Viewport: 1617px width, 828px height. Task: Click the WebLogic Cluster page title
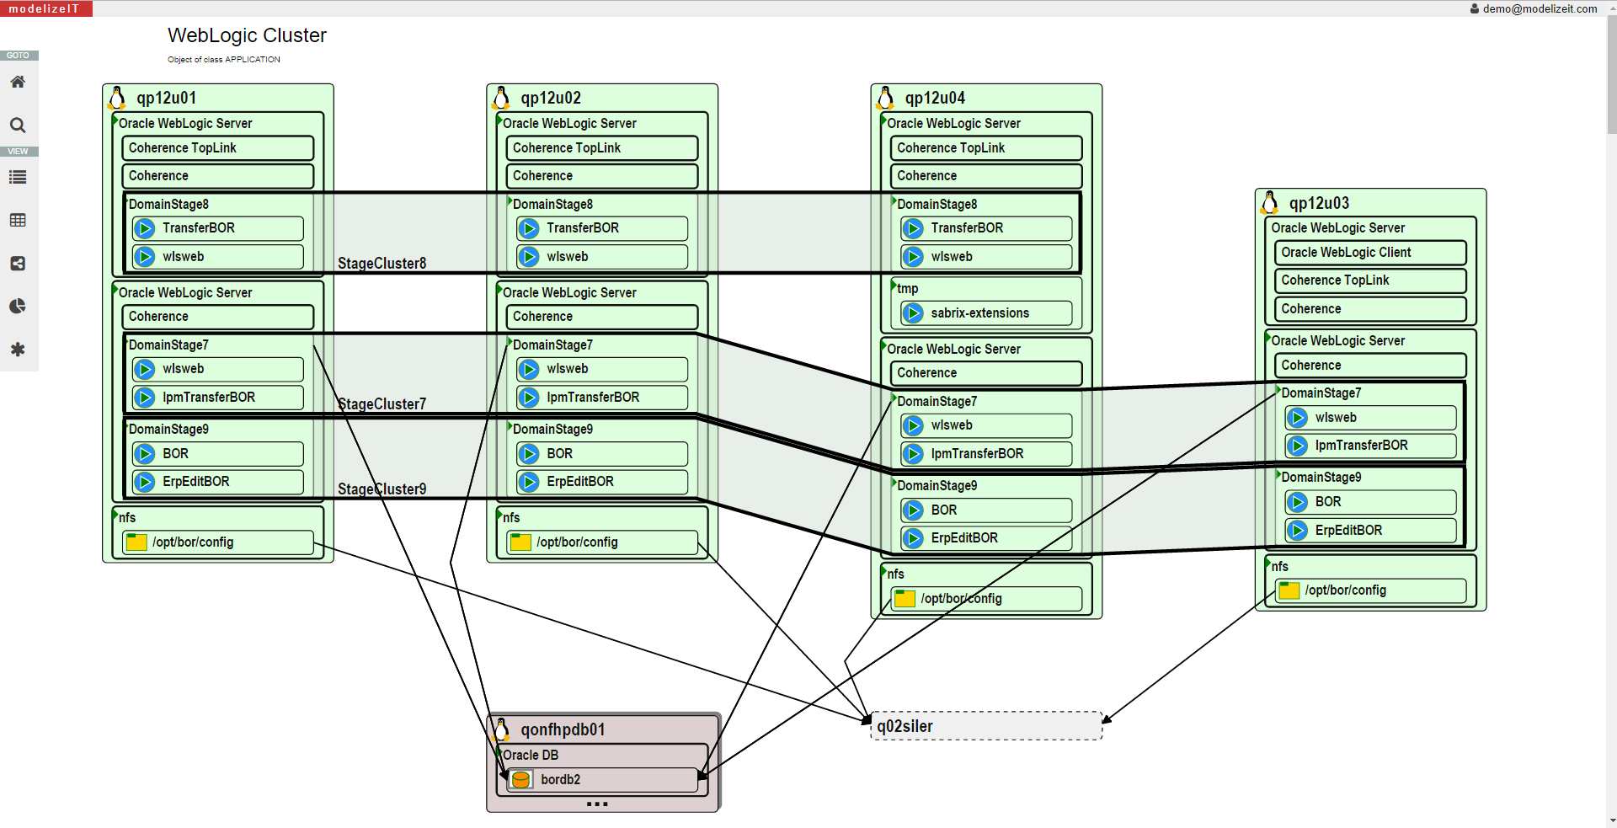pyautogui.click(x=247, y=35)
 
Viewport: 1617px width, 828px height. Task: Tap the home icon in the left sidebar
pyautogui.click(x=18, y=82)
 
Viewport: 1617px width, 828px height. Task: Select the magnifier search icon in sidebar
pyautogui.click(x=18, y=126)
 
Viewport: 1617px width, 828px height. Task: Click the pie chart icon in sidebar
pyautogui.click(x=18, y=306)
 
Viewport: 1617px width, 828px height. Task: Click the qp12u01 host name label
pyautogui.click(x=167, y=98)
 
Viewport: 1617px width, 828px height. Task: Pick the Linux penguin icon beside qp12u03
pyautogui.click(x=1270, y=202)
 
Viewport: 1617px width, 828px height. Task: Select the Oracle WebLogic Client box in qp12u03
pyautogui.click(x=1369, y=253)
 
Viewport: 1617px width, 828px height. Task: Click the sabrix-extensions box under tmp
pyautogui.click(x=986, y=313)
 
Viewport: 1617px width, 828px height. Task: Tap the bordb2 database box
pyautogui.click(x=602, y=779)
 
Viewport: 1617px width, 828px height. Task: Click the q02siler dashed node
pyautogui.click(x=986, y=726)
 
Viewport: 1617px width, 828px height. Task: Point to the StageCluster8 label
pyautogui.click(x=382, y=264)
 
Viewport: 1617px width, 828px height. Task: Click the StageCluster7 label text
pyautogui.click(x=382, y=404)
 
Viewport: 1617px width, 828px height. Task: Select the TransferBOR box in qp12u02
pyautogui.click(x=601, y=228)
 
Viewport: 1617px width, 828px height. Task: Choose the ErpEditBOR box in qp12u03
pyautogui.click(x=1369, y=531)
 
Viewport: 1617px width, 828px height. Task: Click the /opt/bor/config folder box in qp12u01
pyautogui.click(x=217, y=542)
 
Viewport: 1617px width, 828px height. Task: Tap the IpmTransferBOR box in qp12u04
pyautogui.click(x=986, y=454)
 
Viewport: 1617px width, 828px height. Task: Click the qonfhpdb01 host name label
pyautogui.click(x=563, y=729)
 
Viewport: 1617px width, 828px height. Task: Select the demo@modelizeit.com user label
pyautogui.click(x=1539, y=8)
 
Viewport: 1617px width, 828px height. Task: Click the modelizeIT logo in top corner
pyautogui.click(x=45, y=8)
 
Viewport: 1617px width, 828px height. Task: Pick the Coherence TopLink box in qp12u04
pyautogui.click(x=985, y=148)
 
